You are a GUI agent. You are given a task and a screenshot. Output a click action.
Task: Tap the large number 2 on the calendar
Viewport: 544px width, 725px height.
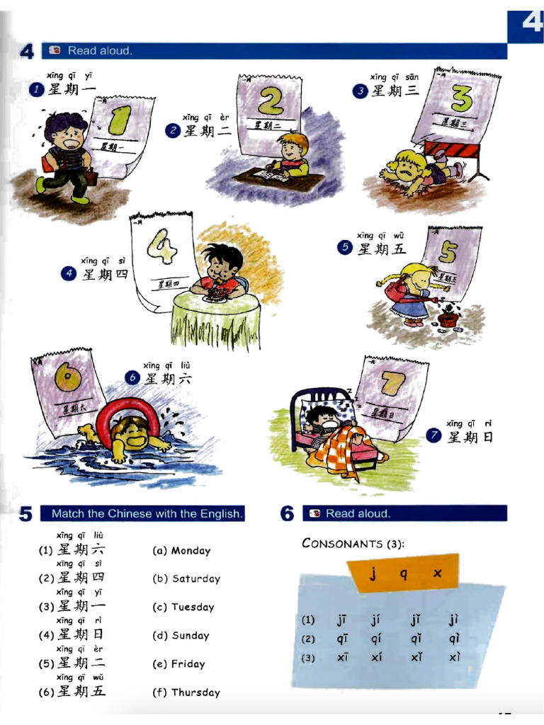[x=270, y=102]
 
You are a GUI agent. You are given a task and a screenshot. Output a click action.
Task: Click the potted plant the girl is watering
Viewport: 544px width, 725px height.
[x=447, y=318]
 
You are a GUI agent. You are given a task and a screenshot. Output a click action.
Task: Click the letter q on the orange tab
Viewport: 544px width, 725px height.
[x=403, y=574]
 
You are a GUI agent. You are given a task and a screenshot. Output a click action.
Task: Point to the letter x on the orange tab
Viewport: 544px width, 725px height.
[x=436, y=573]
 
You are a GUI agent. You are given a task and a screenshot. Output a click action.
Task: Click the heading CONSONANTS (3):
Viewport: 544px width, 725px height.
[x=353, y=544]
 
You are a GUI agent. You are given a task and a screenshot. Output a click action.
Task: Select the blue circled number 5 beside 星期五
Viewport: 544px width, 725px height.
[x=345, y=248]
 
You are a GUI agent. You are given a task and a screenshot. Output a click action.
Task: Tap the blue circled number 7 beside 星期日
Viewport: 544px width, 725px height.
[x=435, y=437]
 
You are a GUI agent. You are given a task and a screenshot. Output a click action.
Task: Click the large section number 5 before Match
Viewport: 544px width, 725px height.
[x=25, y=515]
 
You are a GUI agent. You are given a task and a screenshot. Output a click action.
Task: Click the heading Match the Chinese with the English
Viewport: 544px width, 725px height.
[x=147, y=514]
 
